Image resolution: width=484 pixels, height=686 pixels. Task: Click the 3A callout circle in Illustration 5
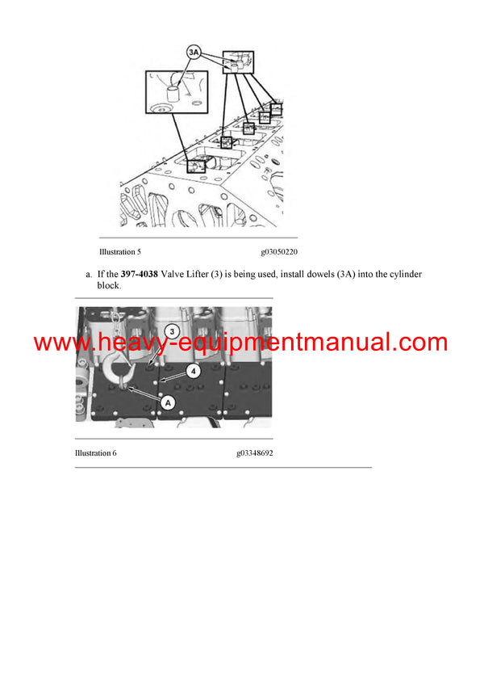click(x=194, y=53)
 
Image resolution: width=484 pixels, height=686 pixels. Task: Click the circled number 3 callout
click(x=171, y=331)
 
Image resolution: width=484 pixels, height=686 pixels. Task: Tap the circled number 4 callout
click(x=193, y=371)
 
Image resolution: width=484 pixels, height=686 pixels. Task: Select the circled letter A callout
click(x=168, y=402)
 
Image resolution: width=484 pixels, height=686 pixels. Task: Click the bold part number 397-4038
click(x=136, y=275)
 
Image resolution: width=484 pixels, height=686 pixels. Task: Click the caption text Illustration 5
click(x=120, y=252)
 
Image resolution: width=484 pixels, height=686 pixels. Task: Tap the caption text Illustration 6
click(x=96, y=453)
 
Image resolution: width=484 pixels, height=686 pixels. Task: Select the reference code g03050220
click(x=279, y=252)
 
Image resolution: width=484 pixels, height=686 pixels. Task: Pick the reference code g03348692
click(x=255, y=453)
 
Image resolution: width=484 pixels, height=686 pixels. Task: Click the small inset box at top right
click(x=238, y=61)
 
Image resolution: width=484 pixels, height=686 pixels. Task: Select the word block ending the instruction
click(x=108, y=285)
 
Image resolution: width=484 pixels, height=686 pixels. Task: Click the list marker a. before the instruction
click(x=90, y=275)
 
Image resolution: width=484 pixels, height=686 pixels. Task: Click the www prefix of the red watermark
click(x=55, y=342)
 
